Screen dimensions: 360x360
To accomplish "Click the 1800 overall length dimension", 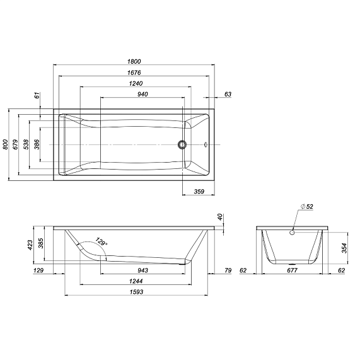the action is coord(134,62).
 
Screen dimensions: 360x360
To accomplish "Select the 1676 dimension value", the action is coord(134,73).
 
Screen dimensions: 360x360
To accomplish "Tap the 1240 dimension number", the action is coord(136,84).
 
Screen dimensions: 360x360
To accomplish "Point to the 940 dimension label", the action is coord(143,95).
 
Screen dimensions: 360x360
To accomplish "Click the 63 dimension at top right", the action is coord(228,95).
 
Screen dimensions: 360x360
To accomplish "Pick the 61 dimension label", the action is coord(37,95).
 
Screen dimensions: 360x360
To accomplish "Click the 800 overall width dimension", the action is coord(5,144).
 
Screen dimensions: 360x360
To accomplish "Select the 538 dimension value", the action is coord(26,144).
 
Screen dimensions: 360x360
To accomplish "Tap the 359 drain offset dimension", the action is coord(199,192).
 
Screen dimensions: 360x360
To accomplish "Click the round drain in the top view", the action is coord(182,144).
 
